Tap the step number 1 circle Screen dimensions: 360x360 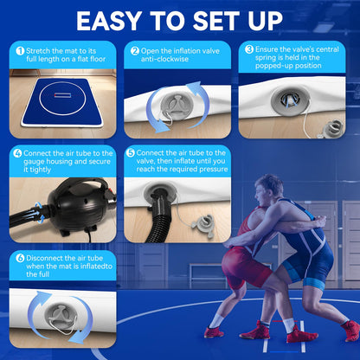[20, 51]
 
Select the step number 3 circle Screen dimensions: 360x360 [249, 49]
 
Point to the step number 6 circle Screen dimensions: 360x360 [20, 258]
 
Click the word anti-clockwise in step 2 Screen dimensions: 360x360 [164, 59]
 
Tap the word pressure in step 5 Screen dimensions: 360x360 [214, 170]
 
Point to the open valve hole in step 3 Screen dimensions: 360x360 [290, 100]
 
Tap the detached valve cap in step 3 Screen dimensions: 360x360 [333, 128]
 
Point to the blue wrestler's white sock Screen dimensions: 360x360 [288, 325]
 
